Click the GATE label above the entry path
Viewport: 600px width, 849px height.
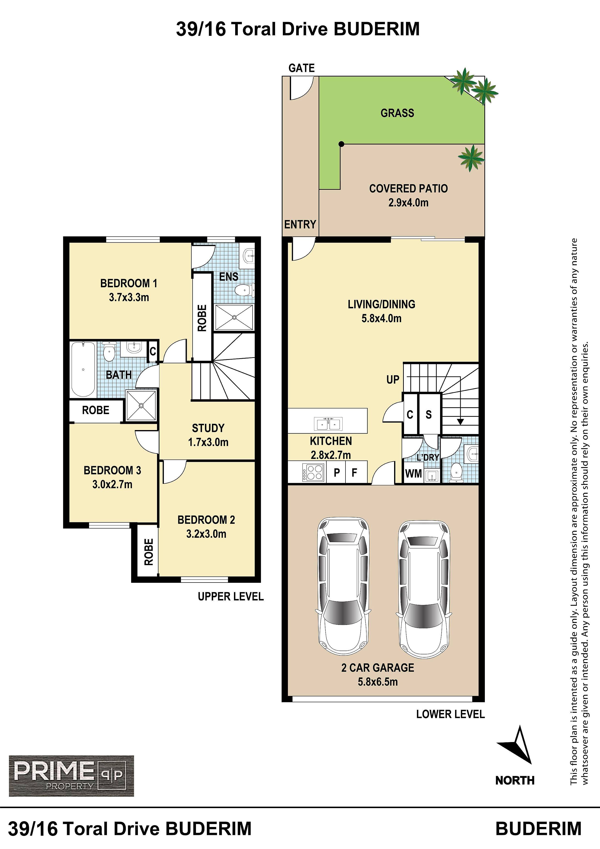(x=302, y=68)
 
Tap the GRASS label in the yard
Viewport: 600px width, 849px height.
(x=397, y=113)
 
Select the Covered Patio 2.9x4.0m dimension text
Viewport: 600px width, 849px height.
(x=408, y=203)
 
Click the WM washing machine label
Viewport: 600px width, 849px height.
(x=413, y=473)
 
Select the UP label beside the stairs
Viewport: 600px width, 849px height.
(x=393, y=379)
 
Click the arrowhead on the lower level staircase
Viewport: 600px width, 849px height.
(x=460, y=421)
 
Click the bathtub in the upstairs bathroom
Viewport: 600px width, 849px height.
(x=83, y=369)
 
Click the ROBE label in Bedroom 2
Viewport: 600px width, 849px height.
(x=149, y=552)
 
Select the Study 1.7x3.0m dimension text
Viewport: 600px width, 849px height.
(x=208, y=442)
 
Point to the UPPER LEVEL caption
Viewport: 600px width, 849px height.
(x=231, y=596)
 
